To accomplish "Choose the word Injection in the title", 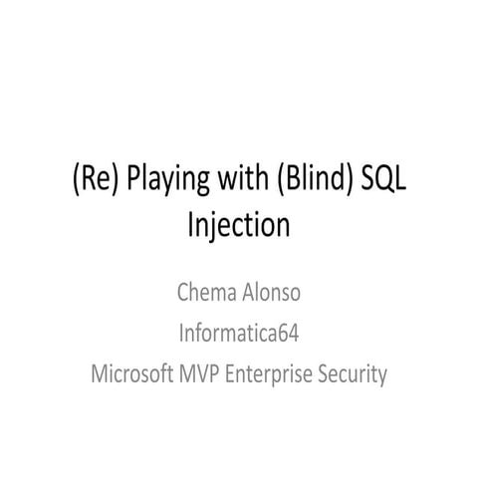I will point(238,224).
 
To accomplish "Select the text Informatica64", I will point(238,335).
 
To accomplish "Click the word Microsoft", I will point(133,375).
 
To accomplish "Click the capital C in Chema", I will point(181,294).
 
